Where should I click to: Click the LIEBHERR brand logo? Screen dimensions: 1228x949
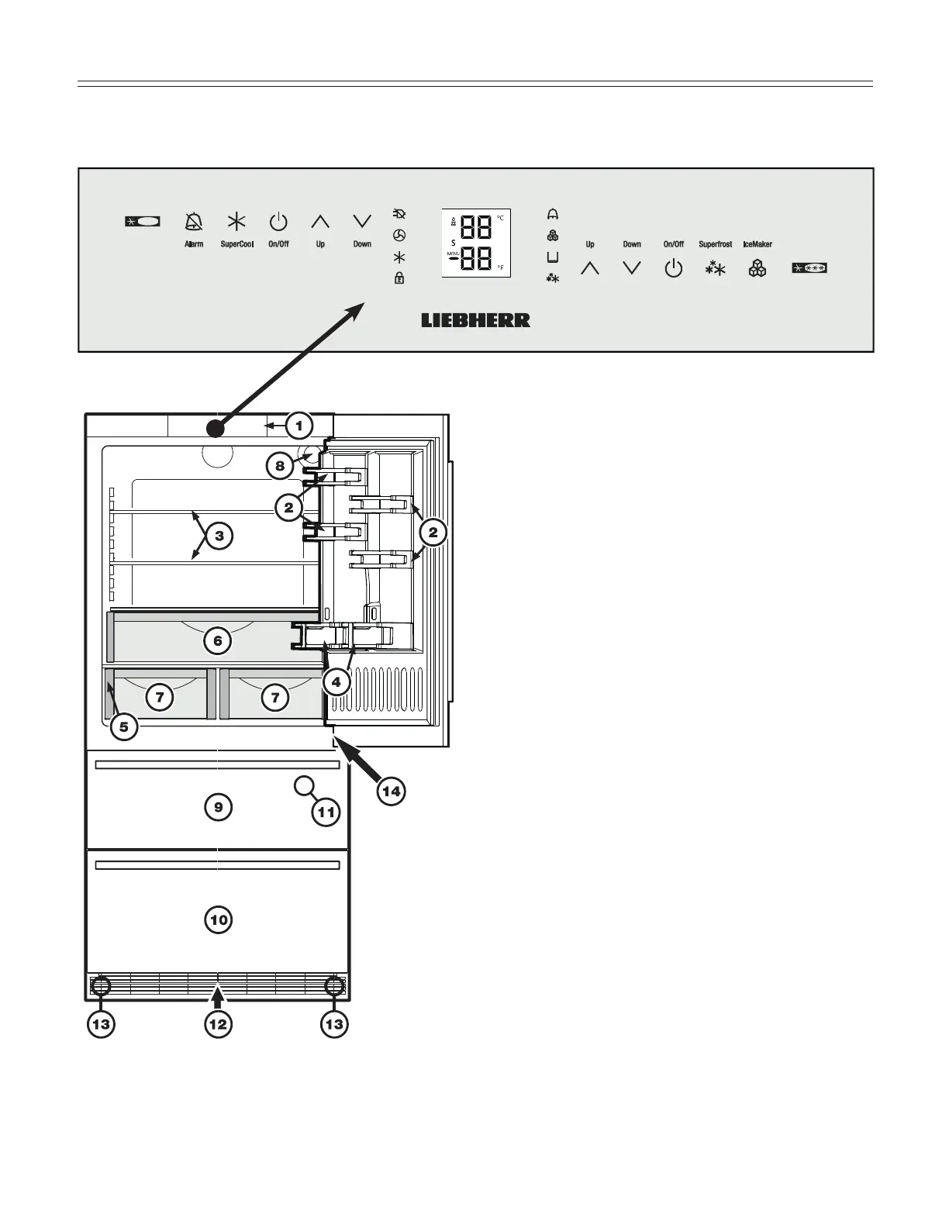pos(475,320)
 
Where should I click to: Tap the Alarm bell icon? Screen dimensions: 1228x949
pos(194,222)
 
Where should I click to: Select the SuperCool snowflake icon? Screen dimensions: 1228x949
pos(236,222)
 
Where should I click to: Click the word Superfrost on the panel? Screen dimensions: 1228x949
pos(715,244)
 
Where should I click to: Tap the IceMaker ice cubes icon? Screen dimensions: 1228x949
pos(757,269)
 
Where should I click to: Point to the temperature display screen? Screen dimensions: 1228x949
pos(477,243)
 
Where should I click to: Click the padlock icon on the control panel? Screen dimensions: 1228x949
pos(399,278)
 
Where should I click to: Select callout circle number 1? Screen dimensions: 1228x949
pos(299,426)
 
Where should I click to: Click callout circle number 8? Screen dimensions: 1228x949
pos(280,465)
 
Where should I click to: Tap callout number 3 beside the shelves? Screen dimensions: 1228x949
pos(219,536)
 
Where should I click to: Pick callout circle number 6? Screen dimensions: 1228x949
pos(218,640)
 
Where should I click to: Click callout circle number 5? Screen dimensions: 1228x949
pos(123,726)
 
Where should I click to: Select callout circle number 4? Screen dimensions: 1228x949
pos(336,682)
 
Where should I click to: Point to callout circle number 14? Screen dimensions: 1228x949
pos(391,791)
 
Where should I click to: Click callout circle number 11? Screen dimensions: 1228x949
pos(326,812)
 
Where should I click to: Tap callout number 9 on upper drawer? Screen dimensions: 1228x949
pos(219,807)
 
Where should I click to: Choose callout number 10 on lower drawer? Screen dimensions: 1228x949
pos(219,920)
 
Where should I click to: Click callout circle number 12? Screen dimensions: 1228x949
pos(218,1024)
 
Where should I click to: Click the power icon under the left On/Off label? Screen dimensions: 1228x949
pos(278,222)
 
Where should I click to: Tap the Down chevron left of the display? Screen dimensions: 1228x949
pos(362,222)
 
